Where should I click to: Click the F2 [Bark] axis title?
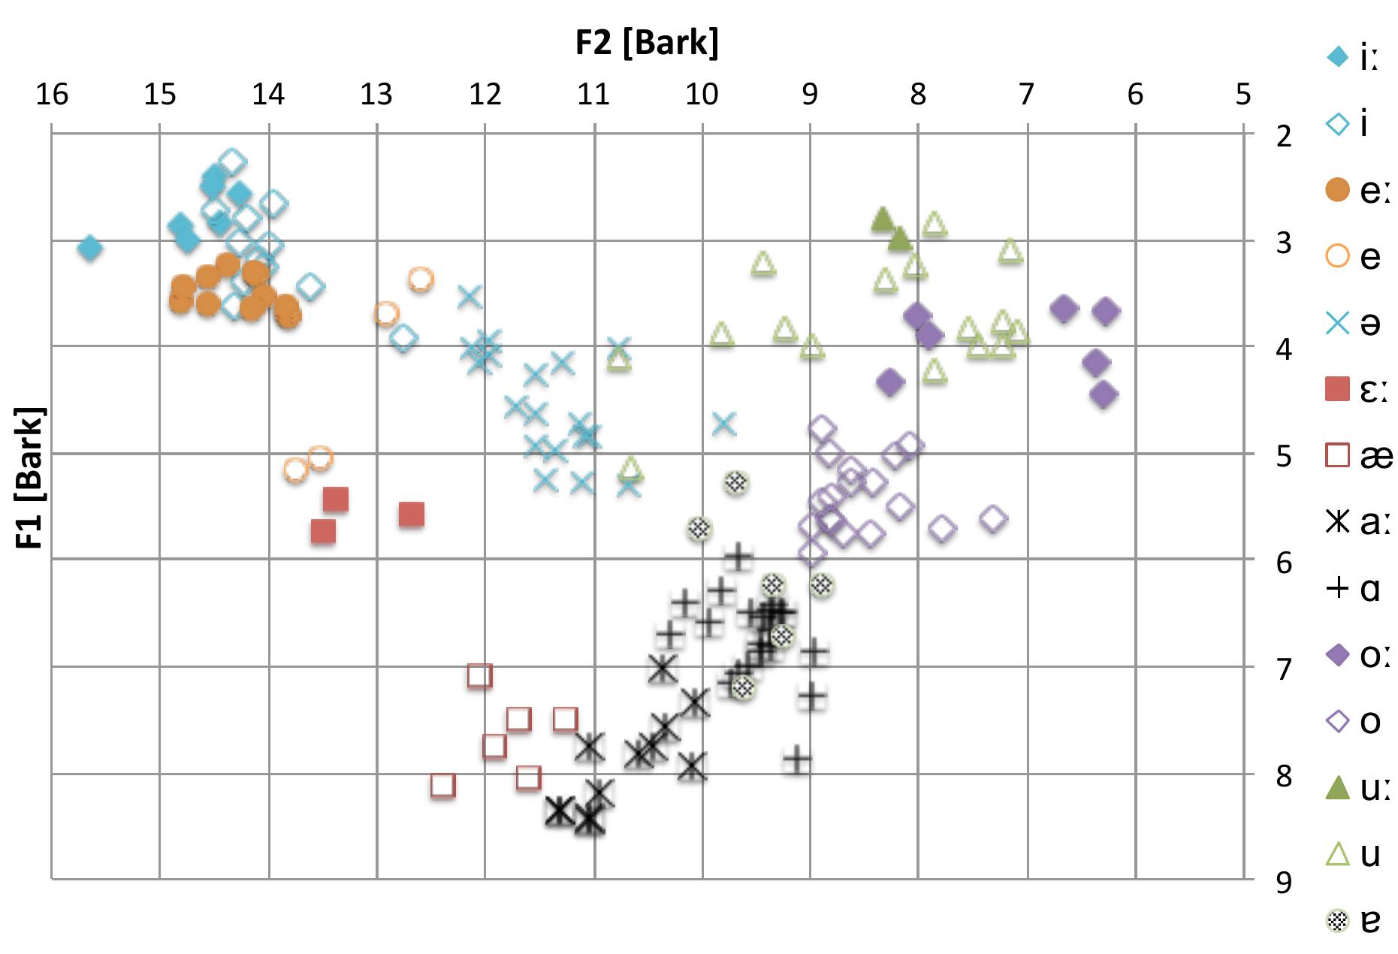pos(647,43)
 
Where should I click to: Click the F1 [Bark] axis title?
pos(31,478)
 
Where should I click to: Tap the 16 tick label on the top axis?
pos(51,95)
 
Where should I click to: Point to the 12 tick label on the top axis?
pos(485,95)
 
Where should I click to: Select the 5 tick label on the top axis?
pos(1243,95)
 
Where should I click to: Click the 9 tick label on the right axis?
pos(1284,883)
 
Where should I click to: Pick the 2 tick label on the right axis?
pos(1284,137)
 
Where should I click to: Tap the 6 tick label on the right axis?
pos(1284,563)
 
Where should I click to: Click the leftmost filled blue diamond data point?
pos(90,247)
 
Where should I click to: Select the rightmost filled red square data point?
pos(412,515)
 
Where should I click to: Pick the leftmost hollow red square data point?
pos(443,786)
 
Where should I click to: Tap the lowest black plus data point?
pos(798,760)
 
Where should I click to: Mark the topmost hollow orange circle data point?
pos(421,279)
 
